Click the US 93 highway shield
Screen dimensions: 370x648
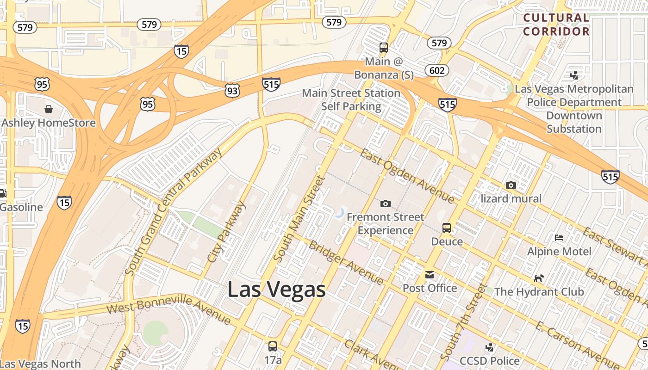pyautogui.click(x=232, y=91)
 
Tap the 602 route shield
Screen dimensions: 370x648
pyautogui.click(x=436, y=70)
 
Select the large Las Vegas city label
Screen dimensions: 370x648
pyautogui.click(x=276, y=290)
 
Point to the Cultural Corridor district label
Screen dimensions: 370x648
pyautogui.click(x=556, y=25)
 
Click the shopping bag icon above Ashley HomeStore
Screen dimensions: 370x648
pyautogui.click(x=49, y=109)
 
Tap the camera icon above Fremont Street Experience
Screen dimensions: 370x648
pyautogui.click(x=385, y=203)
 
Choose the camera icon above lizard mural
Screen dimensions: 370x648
pyautogui.click(x=511, y=185)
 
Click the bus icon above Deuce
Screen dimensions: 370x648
pyautogui.click(x=446, y=228)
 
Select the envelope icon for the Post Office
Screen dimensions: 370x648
pyautogui.click(x=430, y=275)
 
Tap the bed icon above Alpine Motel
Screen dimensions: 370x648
pyautogui.click(x=559, y=238)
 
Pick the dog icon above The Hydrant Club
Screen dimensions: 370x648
pyautogui.click(x=539, y=278)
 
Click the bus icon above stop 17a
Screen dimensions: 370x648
pyautogui.click(x=273, y=346)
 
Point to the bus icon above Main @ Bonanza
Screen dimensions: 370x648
pyautogui.click(x=383, y=47)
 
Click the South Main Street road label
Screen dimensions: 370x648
pyautogui.click(x=300, y=219)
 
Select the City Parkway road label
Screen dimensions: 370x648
pyautogui.click(x=227, y=232)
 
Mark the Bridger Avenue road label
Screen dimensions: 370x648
pyautogui.click(x=346, y=262)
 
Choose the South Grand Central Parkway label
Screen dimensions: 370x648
pyautogui.click(x=174, y=212)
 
